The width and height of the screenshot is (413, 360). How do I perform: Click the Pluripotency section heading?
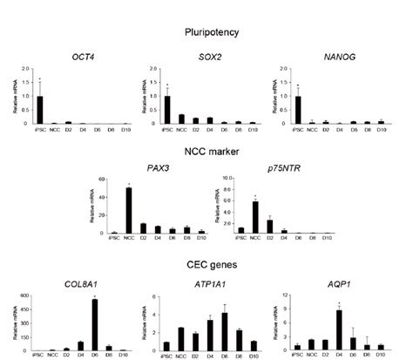tap(206, 31)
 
